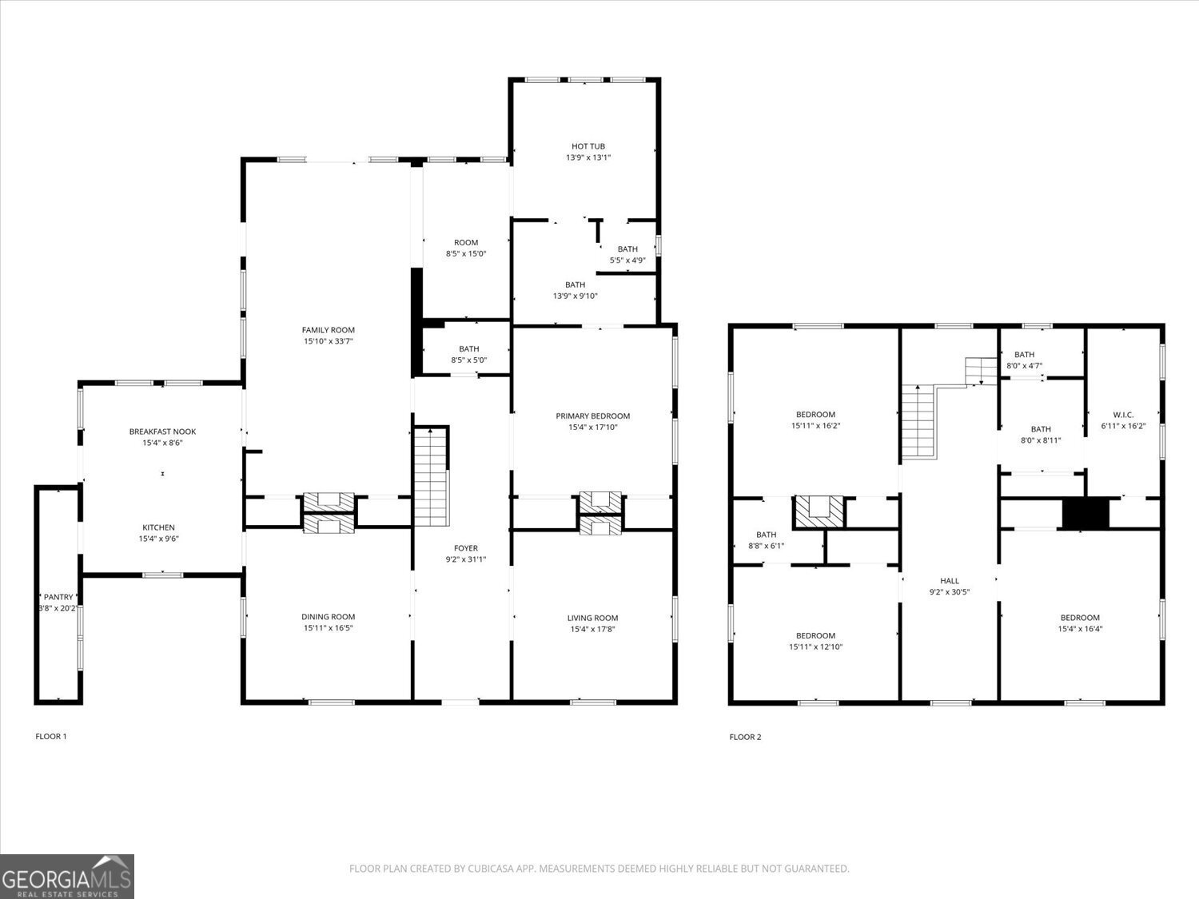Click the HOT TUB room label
[588, 147]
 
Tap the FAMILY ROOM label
[328, 330]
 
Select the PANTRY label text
[58, 597]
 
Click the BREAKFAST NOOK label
[162, 432]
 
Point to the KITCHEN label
[158, 527]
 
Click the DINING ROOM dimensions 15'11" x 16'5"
[328, 628]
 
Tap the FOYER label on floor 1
[465, 548]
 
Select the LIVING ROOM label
[592, 618]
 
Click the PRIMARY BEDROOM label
[592, 416]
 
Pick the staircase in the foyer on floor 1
[430, 476]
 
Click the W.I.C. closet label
[1123, 415]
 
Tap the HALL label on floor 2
[949, 581]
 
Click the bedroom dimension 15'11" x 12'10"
[815, 647]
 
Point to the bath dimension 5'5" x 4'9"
[627, 260]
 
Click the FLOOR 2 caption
[745, 737]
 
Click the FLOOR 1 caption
[51, 736]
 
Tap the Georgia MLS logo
[67, 877]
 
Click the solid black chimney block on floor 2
[1085, 514]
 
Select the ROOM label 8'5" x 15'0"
[466, 248]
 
